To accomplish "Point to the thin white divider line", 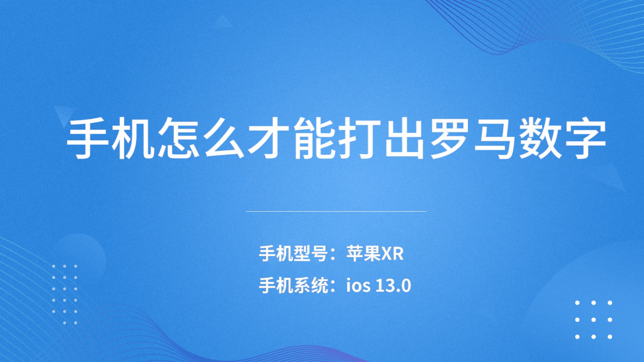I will [x=336, y=212].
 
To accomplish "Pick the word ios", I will [x=358, y=286].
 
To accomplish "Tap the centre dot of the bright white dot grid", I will [x=594, y=320].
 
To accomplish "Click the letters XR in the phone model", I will [x=392, y=254].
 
